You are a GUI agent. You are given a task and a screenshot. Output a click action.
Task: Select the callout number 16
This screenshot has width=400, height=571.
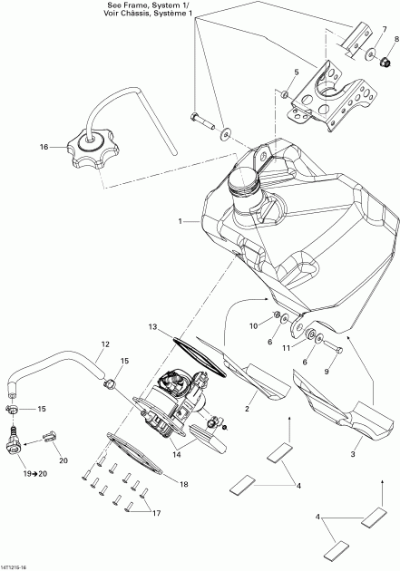(x=43, y=146)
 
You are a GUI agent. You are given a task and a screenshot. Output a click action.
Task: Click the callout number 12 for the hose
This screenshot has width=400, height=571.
(x=105, y=344)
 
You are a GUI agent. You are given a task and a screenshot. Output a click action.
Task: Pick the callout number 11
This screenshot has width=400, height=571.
(x=284, y=347)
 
